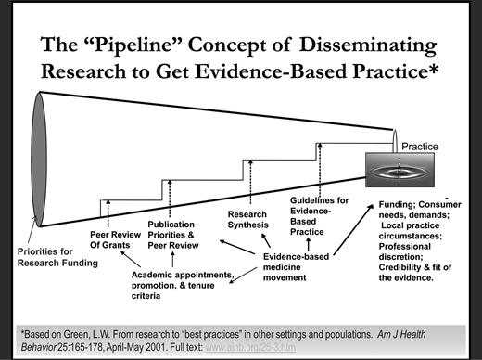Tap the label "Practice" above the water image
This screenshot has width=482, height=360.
418,146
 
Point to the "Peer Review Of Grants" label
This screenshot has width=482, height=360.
115,239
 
